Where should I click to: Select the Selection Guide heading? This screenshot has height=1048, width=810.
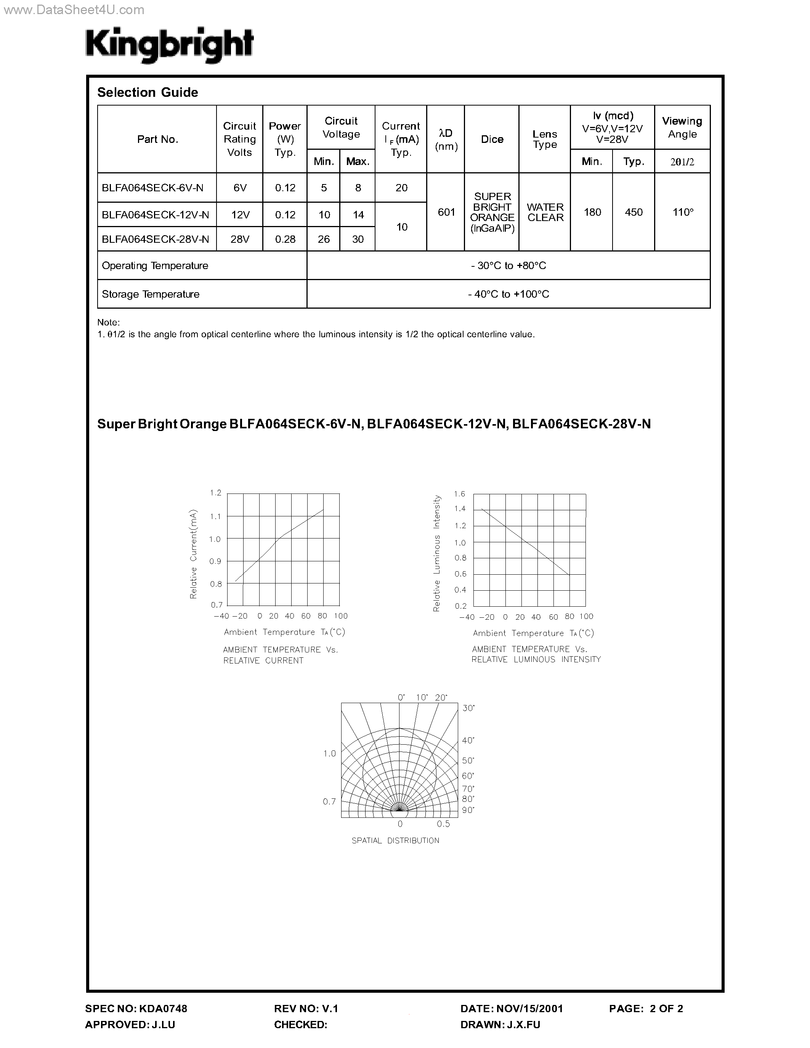pyautogui.click(x=147, y=92)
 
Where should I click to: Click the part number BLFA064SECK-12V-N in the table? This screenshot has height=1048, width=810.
pyautogui.click(x=156, y=215)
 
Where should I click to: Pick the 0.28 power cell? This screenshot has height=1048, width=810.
pyautogui.click(x=285, y=239)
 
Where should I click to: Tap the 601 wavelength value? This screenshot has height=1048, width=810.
pyautogui.click(x=446, y=212)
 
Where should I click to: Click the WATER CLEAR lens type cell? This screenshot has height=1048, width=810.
pyautogui.click(x=545, y=212)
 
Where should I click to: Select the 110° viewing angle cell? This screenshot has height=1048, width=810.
pyautogui.click(x=682, y=212)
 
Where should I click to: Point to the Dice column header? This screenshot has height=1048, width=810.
pyautogui.click(x=492, y=139)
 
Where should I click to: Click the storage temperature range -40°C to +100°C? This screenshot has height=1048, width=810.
pyautogui.click(x=508, y=294)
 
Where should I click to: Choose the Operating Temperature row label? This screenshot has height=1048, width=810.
pyautogui.click(x=155, y=266)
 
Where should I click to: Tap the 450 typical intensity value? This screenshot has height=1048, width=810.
pyautogui.click(x=634, y=212)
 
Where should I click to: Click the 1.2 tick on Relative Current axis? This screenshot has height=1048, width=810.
pyautogui.click(x=215, y=493)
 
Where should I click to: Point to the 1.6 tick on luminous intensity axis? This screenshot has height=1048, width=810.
pyautogui.click(x=459, y=494)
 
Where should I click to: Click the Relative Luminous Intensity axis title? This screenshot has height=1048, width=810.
pyautogui.click(x=437, y=553)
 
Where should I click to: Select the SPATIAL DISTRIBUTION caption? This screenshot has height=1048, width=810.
pyautogui.click(x=395, y=840)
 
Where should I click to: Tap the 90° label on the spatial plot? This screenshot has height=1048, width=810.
pyautogui.click(x=468, y=810)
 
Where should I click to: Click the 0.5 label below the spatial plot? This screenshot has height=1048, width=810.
pyautogui.click(x=443, y=824)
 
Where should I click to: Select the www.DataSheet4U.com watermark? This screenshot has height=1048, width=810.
pyautogui.click(x=73, y=10)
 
